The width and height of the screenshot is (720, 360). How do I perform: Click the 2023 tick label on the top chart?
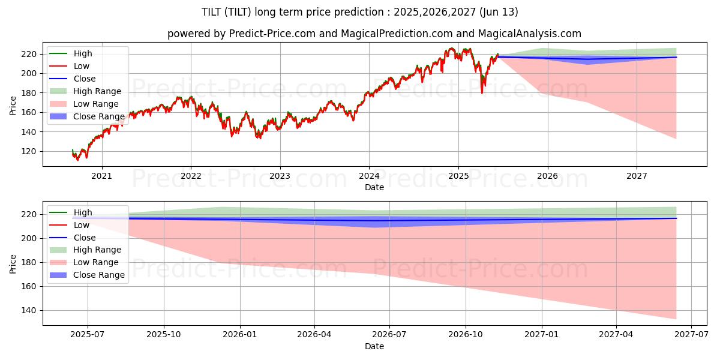tap(280, 176)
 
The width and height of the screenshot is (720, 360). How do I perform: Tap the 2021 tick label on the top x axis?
tap(101, 176)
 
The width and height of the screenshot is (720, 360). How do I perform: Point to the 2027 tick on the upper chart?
tap(637, 176)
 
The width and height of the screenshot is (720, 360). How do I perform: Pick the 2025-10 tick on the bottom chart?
tap(164, 335)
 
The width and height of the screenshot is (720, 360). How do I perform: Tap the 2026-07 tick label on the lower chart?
tap(389, 335)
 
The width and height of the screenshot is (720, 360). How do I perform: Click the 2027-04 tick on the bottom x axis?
tap(616, 335)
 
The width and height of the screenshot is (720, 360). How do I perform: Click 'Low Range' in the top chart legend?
tap(97, 104)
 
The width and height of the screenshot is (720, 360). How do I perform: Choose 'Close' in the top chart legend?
tap(85, 79)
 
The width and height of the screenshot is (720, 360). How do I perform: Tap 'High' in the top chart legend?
tap(83, 53)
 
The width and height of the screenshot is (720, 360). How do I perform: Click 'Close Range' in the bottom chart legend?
tap(99, 275)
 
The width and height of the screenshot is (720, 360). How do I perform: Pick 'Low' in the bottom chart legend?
tap(82, 225)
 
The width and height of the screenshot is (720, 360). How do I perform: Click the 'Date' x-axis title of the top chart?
tap(374, 187)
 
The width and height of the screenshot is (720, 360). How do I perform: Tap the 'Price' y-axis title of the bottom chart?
tap(13, 263)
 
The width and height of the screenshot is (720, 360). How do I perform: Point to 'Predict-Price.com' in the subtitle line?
tap(272, 34)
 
